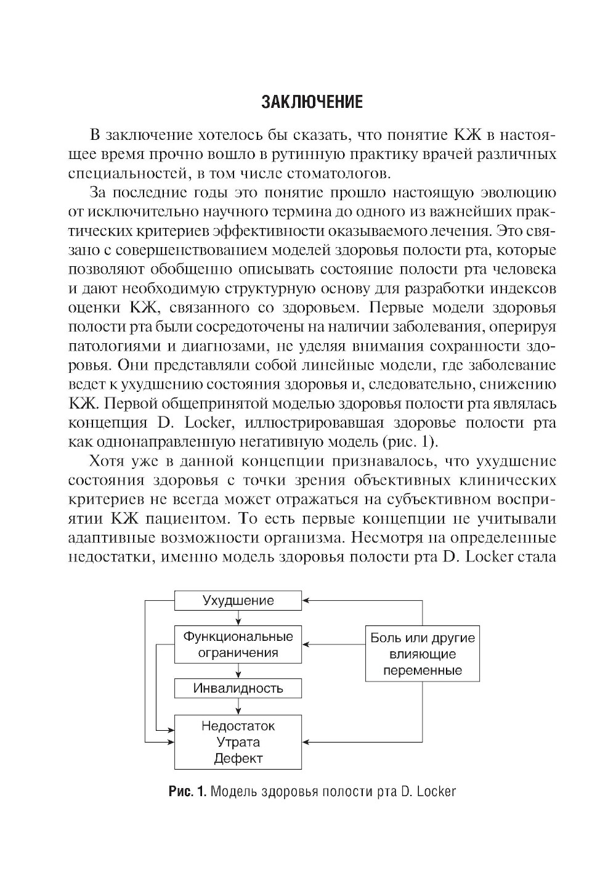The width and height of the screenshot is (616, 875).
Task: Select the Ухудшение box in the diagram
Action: pyautogui.click(x=238, y=600)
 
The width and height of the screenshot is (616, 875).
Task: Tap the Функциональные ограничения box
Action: pyautogui.click(x=238, y=645)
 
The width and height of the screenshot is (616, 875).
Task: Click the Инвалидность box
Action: pyautogui.click(x=238, y=688)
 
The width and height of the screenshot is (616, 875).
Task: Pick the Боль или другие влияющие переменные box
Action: pyautogui.click(x=422, y=654)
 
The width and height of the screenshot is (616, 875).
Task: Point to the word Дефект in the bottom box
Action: pyautogui.click(x=238, y=759)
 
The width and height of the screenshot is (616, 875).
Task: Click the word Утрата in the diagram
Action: pyautogui.click(x=238, y=742)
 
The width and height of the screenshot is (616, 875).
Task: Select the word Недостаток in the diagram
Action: pyautogui.click(x=238, y=726)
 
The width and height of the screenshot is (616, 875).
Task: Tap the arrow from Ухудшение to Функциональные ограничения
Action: pyautogui.click(x=238, y=618)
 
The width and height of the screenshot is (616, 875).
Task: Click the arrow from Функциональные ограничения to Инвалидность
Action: pyautogui.click(x=238, y=671)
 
